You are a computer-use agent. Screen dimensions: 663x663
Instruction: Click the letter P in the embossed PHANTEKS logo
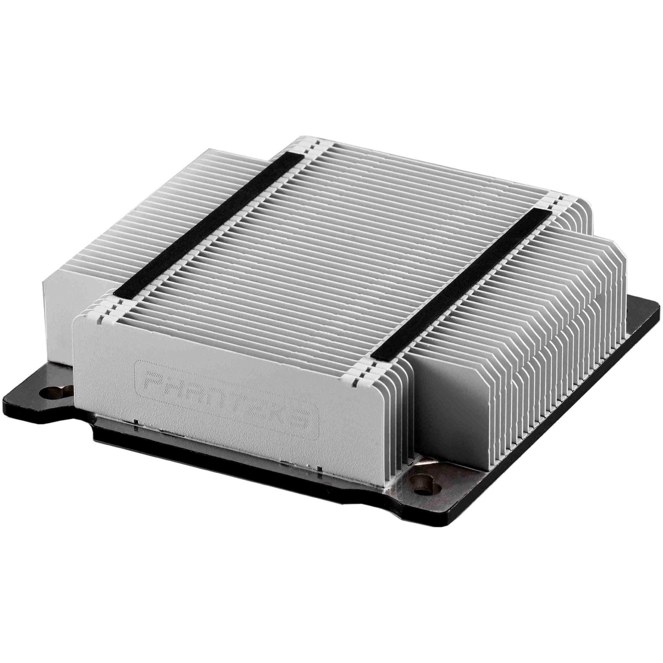pyautogui.click(x=151, y=380)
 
